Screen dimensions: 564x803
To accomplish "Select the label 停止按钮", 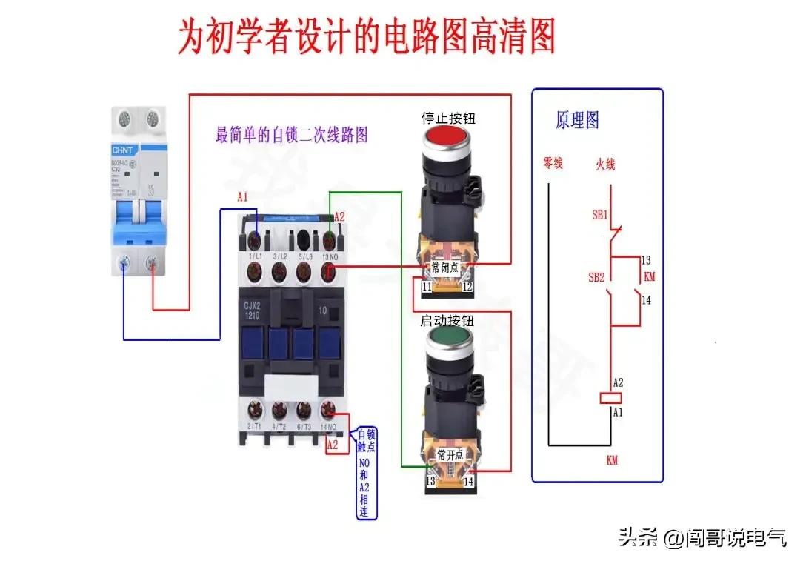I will (447, 118).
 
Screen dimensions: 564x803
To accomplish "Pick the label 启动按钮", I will (447, 321).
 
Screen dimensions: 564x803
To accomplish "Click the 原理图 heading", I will (577, 120).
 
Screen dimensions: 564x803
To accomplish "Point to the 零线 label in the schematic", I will (553, 163).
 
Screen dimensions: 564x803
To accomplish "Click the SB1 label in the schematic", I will (599, 215).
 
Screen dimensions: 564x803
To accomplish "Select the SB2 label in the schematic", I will (599, 277).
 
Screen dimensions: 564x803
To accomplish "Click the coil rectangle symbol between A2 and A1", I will (609, 398).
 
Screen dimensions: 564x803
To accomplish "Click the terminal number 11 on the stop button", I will (427, 286).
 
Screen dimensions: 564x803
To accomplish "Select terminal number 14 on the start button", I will (468, 481).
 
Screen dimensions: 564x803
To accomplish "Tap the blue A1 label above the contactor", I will (242, 197).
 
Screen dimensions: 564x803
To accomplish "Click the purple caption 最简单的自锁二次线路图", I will (291, 136).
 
